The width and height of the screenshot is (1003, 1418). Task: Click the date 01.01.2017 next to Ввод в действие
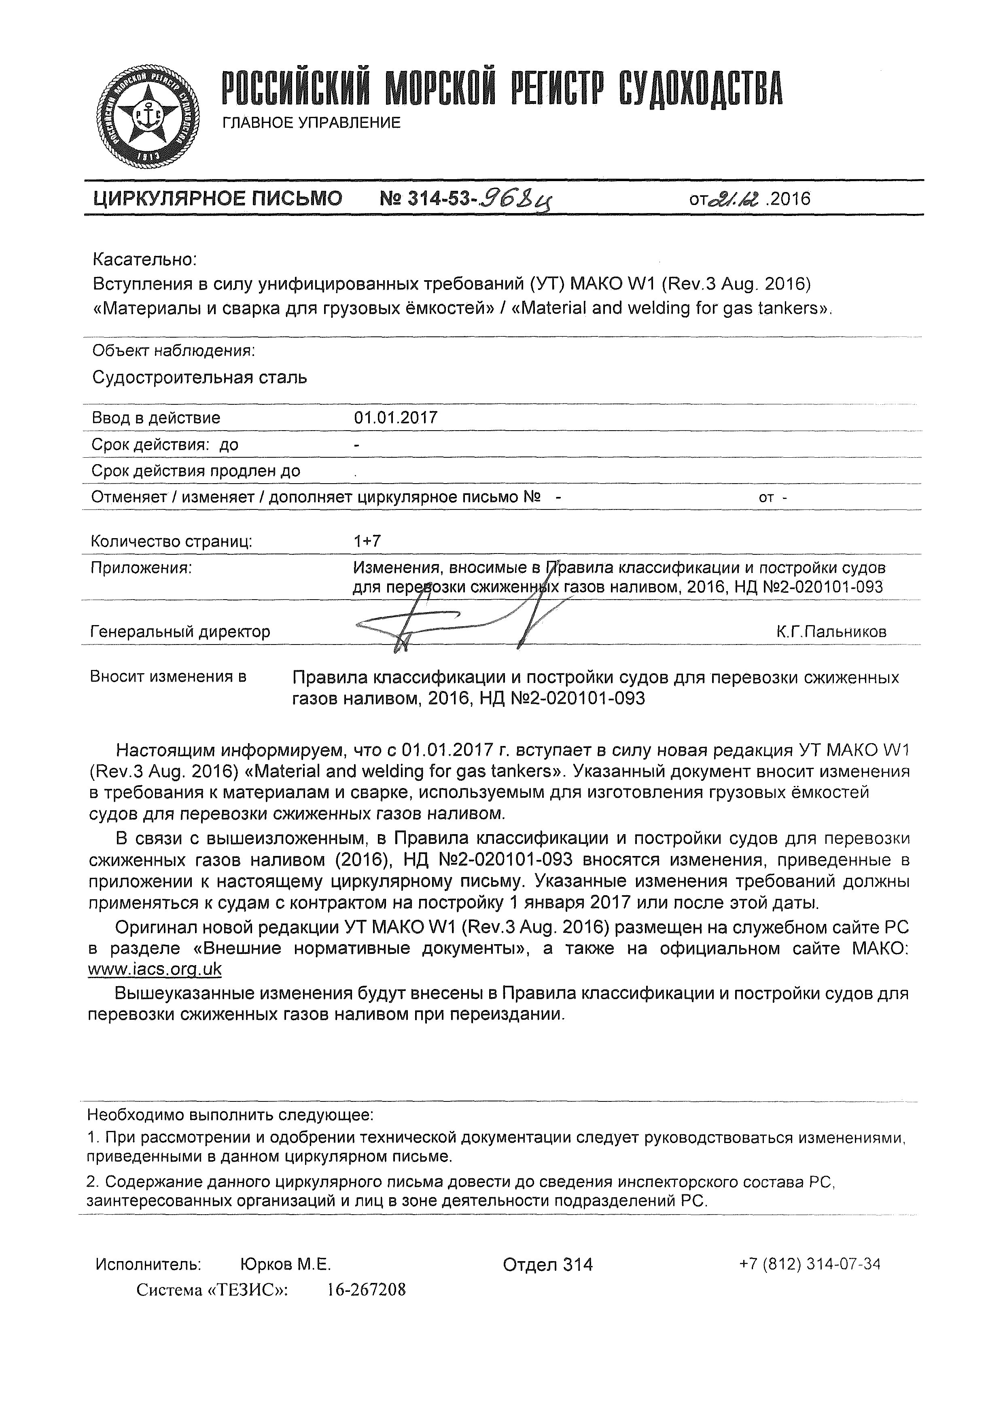pyautogui.click(x=396, y=418)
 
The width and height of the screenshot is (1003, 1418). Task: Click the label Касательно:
pyautogui.click(x=144, y=260)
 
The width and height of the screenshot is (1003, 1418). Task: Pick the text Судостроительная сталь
pyautogui.click(x=199, y=377)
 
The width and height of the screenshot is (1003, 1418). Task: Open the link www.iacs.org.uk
pyautogui.click(x=155, y=969)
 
